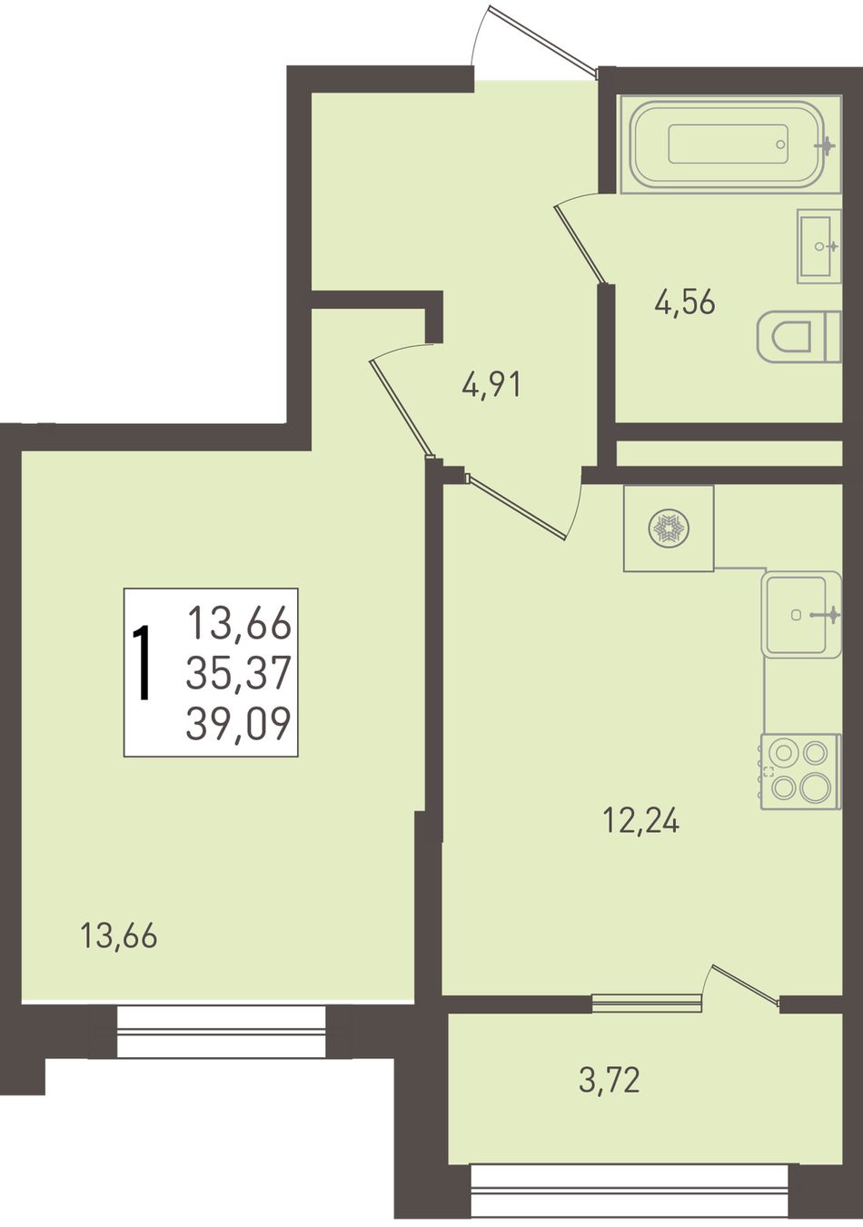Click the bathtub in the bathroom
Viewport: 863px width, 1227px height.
point(729,144)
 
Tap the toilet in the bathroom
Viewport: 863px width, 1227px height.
point(799,336)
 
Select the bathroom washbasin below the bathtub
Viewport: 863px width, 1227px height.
point(818,246)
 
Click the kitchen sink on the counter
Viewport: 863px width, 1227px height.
point(801,615)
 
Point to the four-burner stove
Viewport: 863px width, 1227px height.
point(800,771)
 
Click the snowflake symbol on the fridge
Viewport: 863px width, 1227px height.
point(669,529)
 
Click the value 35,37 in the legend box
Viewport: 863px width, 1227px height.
point(238,672)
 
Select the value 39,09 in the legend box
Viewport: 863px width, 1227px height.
point(238,723)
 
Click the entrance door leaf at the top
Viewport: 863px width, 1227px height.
point(542,39)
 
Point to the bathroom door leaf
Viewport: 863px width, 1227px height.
point(581,243)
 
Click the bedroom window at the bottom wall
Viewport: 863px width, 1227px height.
point(222,1031)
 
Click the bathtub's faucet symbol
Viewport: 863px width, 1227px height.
point(827,145)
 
